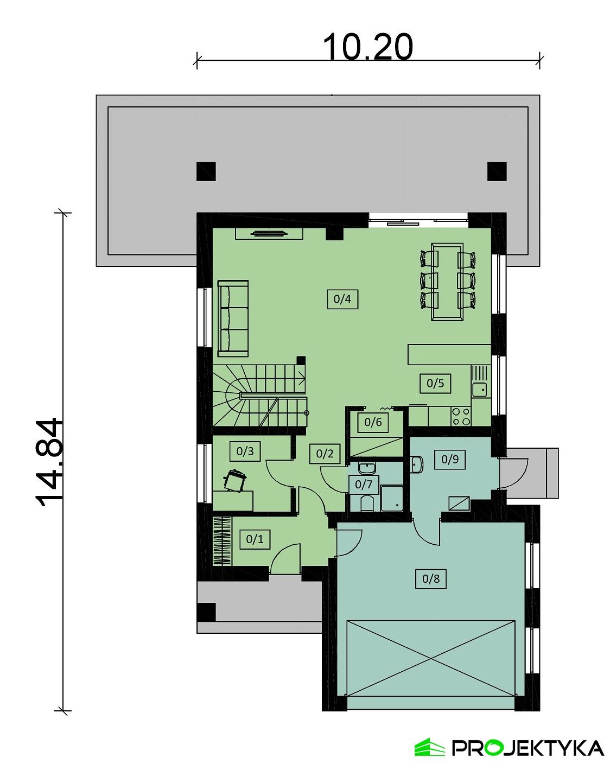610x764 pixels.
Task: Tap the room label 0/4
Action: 342,298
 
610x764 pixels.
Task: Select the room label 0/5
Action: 435,383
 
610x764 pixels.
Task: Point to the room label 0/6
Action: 373,422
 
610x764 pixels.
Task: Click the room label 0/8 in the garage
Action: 431,578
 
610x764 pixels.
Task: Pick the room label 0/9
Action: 450,459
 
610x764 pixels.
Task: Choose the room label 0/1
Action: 255,539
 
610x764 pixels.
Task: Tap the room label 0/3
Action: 245,451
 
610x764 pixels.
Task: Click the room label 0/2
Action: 325,454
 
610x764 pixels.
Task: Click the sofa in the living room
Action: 233,318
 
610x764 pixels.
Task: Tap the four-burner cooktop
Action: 461,416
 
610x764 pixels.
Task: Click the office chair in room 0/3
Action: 236,480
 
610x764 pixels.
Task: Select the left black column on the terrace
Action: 206,171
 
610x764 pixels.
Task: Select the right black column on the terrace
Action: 497,171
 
